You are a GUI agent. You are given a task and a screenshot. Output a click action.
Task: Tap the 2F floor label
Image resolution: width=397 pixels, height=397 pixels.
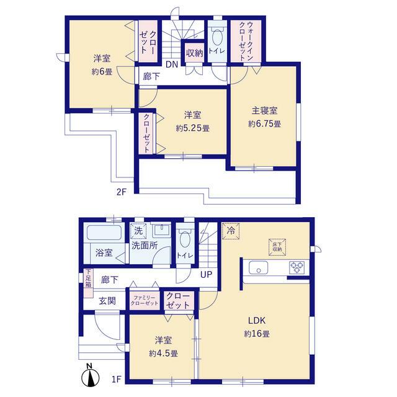pyautogui.click(x=122, y=192)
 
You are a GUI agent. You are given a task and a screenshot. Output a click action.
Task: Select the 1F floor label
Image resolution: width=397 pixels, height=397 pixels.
pyautogui.click(x=117, y=379)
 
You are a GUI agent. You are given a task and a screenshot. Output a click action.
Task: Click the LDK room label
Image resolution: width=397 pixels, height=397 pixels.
pyautogui.click(x=256, y=321)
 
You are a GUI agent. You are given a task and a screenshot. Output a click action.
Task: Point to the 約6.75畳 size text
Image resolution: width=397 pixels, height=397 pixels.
pyautogui.click(x=264, y=124)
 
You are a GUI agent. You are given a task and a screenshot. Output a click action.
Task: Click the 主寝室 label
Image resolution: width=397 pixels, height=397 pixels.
pyautogui.click(x=264, y=110)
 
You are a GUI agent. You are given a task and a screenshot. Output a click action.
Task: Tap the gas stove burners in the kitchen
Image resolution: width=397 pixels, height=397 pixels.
pyautogui.click(x=297, y=267)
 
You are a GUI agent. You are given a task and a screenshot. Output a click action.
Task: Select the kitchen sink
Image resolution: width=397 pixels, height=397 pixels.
pyautogui.click(x=258, y=267)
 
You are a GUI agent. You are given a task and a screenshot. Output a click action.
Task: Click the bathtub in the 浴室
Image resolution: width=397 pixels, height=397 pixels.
pyautogui.click(x=104, y=233)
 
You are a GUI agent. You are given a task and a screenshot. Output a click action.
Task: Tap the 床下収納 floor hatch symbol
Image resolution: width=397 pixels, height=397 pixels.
pyautogui.click(x=277, y=247)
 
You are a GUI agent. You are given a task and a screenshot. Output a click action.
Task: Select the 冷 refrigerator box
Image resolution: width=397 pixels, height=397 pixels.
pyautogui.click(x=231, y=231)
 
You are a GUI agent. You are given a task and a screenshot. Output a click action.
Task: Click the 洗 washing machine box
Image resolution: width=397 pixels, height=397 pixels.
pyautogui.click(x=138, y=231)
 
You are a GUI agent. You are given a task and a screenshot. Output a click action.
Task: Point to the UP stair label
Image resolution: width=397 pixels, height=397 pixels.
pyautogui.click(x=206, y=274)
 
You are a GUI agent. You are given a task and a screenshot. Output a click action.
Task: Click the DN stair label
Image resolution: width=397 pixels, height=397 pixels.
pyautogui.click(x=172, y=65)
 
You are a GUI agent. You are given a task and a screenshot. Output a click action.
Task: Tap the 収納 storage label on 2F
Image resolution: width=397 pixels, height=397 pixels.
pyautogui.click(x=194, y=53)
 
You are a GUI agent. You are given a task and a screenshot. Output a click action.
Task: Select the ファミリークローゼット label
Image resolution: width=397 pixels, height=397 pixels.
pyautogui.click(x=145, y=300)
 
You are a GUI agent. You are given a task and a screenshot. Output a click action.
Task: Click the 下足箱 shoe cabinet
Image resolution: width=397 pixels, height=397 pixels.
pyautogui.click(x=88, y=283)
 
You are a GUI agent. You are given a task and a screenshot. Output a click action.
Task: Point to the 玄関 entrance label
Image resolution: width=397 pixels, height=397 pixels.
pyautogui.click(x=107, y=301)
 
